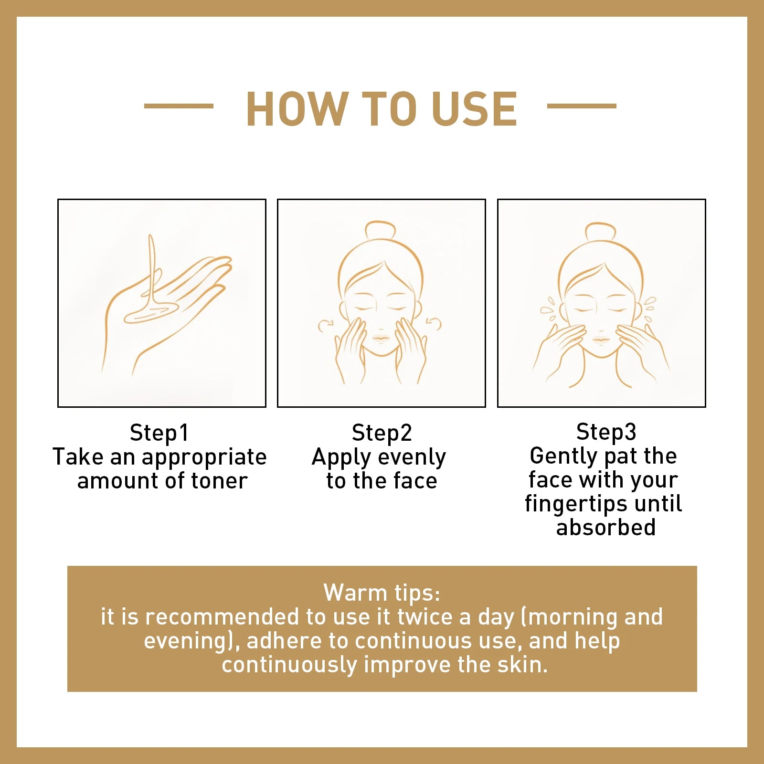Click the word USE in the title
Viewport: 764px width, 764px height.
pos(474,109)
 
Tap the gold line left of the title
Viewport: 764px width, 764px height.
pos(179,106)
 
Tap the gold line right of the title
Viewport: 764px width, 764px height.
pos(582,106)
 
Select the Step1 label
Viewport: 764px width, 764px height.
pos(159,433)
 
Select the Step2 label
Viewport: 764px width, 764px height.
pos(382,433)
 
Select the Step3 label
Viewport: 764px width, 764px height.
pos(606,432)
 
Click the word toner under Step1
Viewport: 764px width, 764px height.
pos(219,481)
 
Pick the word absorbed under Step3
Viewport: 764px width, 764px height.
pos(606,528)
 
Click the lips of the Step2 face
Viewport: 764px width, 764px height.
pos(382,338)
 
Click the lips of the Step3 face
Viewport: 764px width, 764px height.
pos(601,340)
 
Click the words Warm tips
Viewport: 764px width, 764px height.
pos(382,594)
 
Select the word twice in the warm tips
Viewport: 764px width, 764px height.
pos(424,617)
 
